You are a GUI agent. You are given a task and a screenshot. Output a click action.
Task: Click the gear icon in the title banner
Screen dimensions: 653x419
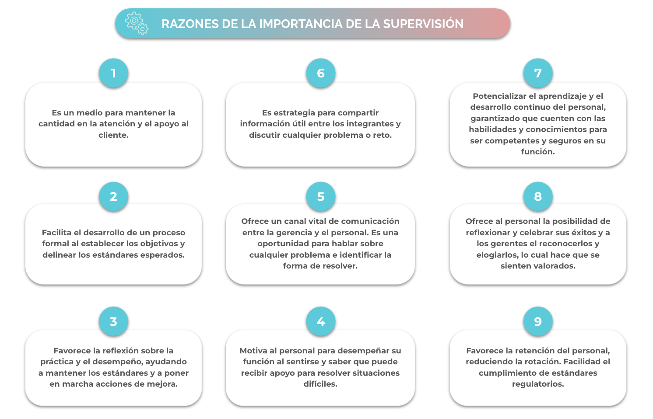pyautogui.click(x=137, y=23)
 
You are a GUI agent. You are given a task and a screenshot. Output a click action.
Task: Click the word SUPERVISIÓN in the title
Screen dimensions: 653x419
pyautogui.click(x=423, y=23)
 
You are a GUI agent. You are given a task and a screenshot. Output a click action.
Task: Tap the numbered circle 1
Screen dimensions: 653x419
pyautogui.click(x=113, y=73)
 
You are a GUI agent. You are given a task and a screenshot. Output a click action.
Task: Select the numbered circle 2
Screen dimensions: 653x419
pyautogui.click(x=113, y=197)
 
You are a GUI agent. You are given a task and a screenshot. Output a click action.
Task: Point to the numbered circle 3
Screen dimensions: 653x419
pyautogui.click(x=113, y=321)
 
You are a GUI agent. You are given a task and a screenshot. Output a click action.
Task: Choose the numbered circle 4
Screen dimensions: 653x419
pyautogui.click(x=321, y=321)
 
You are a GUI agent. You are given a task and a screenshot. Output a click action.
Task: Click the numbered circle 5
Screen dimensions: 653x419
pyautogui.click(x=321, y=197)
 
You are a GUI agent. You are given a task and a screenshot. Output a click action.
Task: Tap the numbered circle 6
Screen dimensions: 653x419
pyautogui.click(x=321, y=73)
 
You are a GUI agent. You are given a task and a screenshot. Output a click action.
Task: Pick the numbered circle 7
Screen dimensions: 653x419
pyautogui.click(x=538, y=73)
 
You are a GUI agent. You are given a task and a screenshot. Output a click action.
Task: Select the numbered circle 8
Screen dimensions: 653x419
pyautogui.click(x=538, y=197)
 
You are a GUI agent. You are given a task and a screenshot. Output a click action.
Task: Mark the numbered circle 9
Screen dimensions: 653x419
pyautogui.click(x=538, y=321)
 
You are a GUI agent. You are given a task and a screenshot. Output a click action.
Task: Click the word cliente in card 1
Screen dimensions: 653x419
pyautogui.click(x=112, y=135)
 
